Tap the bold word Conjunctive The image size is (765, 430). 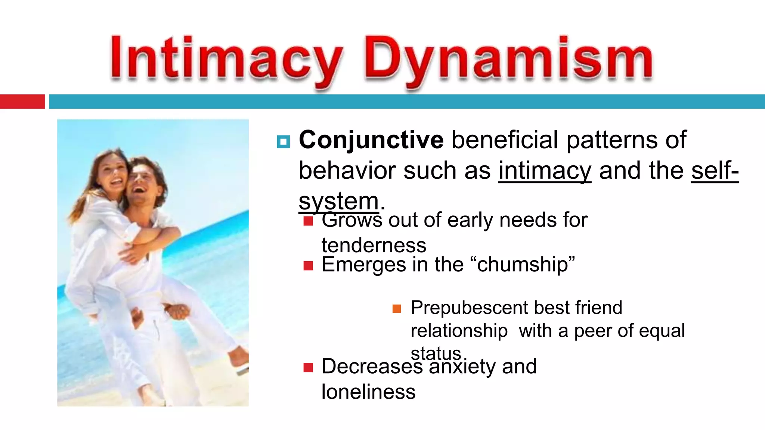point(371,140)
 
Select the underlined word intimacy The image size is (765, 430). point(545,171)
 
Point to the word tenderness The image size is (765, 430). point(374,245)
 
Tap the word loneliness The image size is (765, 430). point(368,392)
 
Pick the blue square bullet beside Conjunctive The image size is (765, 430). point(283,142)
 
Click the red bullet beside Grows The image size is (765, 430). point(308,221)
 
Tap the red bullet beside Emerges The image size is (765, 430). point(308,266)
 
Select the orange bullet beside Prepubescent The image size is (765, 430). point(397,309)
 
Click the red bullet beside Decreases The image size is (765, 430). point(308,368)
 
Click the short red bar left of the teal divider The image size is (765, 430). point(22,102)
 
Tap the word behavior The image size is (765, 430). point(347,171)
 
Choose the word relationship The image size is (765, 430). point(459,331)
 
